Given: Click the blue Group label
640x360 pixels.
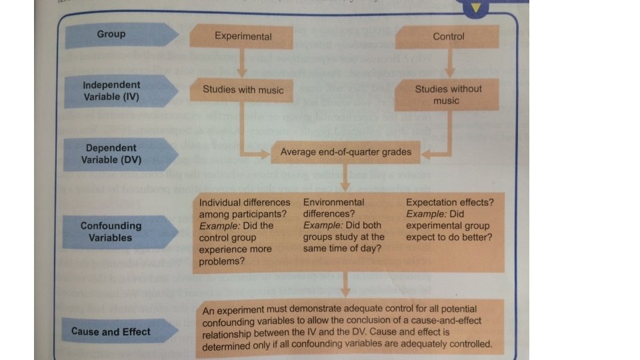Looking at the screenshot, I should point(112,34).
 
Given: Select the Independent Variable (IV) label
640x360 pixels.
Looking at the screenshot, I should point(112,91).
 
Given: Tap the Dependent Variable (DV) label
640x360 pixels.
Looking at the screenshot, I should point(112,153).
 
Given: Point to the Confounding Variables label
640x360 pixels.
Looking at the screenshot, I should point(111,231).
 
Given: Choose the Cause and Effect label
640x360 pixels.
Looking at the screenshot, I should point(111,331).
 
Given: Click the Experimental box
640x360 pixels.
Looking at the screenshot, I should point(243,36).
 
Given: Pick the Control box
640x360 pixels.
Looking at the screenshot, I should point(448,36).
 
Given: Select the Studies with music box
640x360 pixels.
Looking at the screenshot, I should point(243,89).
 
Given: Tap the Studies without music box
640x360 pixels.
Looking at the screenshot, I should point(448,95).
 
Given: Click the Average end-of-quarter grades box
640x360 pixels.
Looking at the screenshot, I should point(346,152).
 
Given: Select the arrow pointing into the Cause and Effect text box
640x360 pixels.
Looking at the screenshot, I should point(346,287).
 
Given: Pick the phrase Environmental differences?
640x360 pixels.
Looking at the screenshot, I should point(334,207).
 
